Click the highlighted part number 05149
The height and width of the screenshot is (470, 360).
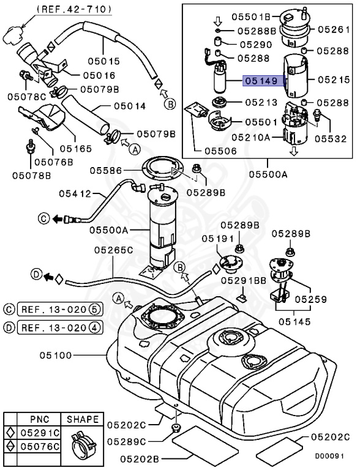pyautogui.click(x=261, y=80)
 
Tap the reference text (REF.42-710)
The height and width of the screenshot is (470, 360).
pyautogui.click(x=73, y=9)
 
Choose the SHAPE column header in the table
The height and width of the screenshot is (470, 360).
pyautogui.click(x=82, y=419)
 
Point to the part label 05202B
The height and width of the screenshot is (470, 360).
pyautogui.click(x=141, y=457)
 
